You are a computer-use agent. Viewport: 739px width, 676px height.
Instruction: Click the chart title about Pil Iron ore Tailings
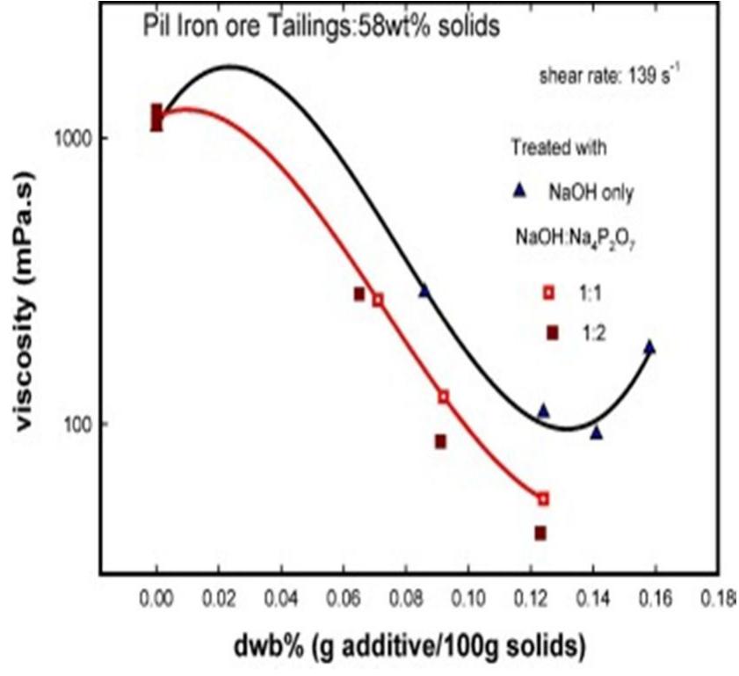click(x=322, y=26)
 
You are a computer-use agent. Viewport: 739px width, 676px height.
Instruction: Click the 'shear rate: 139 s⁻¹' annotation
click(x=611, y=76)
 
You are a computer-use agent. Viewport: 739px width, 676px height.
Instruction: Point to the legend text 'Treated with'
click(x=559, y=147)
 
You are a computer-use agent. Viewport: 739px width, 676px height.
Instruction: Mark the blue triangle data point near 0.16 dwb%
click(x=649, y=347)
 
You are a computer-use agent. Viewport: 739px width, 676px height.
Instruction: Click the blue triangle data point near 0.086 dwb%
click(x=424, y=291)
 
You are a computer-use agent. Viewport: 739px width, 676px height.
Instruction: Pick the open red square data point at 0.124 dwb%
click(x=543, y=498)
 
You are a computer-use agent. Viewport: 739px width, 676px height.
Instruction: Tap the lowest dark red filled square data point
click(x=540, y=533)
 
